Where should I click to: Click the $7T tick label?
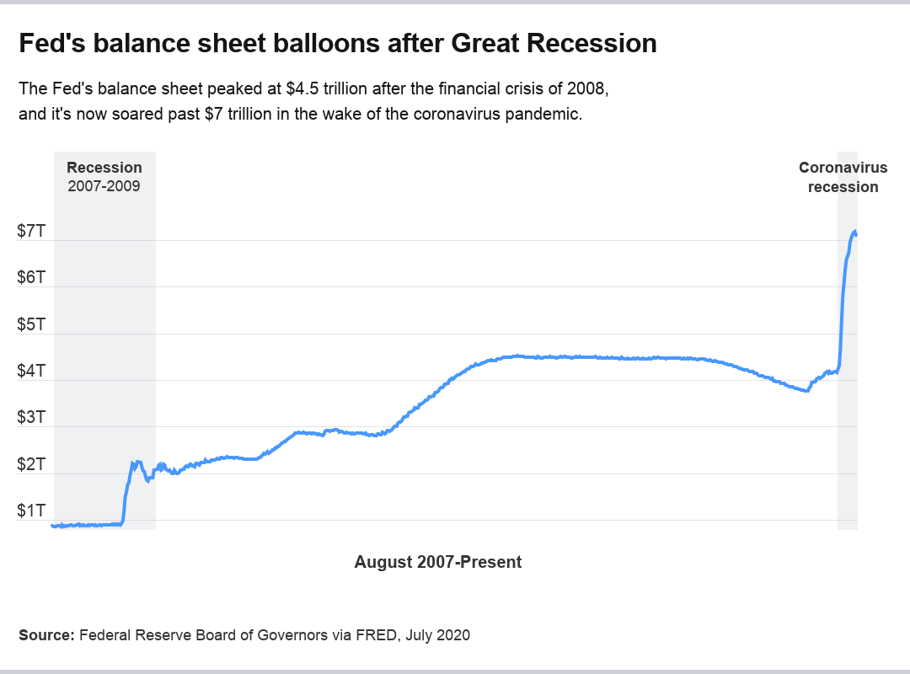pyautogui.click(x=31, y=232)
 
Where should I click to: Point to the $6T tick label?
pyautogui.click(x=31, y=278)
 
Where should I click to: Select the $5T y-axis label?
pyautogui.click(x=31, y=325)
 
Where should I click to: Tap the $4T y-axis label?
pyautogui.click(x=31, y=372)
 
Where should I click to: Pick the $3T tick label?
pyautogui.click(x=31, y=418)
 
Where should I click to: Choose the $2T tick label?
pyautogui.click(x=31, y=465)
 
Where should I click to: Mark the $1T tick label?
pyautogui.click(x=31, y=511)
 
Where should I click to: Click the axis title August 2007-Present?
pyautogui.click(x=438, y=562)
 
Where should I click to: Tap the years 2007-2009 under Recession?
pyautogui.click(x=104, y=186)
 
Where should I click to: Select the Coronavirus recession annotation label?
pyautogui.click(x=843, y=177)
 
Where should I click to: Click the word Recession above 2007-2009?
pyautogui.click(x=104, y=168)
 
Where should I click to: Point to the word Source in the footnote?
pyautogui.click(x=45, y=635)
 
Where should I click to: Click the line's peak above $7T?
pyautogui.click(x=854, y=232)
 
